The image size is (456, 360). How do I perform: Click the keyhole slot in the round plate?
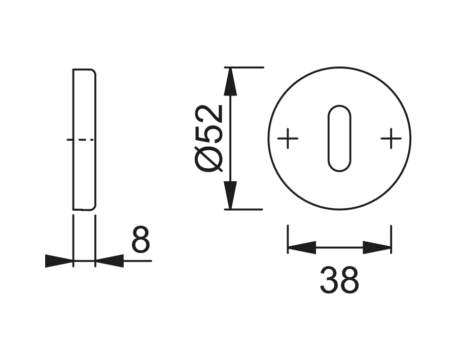point(339,138)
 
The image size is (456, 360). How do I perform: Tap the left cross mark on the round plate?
point(288,138)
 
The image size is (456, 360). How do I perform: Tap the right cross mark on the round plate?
point(391,138)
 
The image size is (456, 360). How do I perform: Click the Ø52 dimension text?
point(209,138)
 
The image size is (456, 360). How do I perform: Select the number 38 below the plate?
point(339,280)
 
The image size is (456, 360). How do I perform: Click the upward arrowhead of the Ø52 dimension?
point(231,81)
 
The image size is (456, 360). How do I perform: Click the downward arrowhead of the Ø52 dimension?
point(231,195)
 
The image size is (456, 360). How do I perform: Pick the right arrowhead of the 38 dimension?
point(377,248)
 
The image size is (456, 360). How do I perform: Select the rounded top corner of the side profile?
point(93,71)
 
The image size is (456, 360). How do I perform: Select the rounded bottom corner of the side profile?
point(93,207)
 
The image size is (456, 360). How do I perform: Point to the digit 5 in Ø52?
point(209,134)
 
